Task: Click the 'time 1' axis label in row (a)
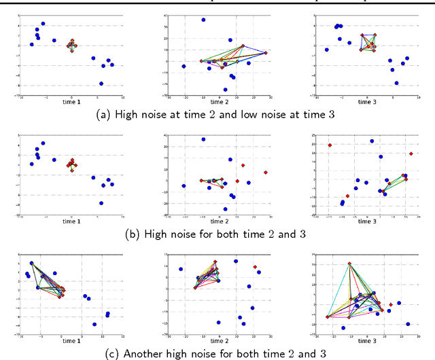point(71,101)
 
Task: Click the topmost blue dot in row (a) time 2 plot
point(203,20)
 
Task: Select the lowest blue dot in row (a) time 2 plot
point(226,89)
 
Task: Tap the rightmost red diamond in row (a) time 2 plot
point(266,52)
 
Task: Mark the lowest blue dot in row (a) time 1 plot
point(101,84)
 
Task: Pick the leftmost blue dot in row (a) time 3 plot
point(327,50)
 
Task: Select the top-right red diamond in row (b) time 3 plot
point(411,154)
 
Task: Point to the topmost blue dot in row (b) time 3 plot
point(372,141)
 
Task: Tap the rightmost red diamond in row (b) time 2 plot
point(266,172)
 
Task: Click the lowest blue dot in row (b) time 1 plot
point(101,203)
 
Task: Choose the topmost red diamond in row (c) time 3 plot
point(350,264)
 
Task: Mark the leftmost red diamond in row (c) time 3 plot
point(328,317)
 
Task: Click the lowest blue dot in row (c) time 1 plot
point(94,323)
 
